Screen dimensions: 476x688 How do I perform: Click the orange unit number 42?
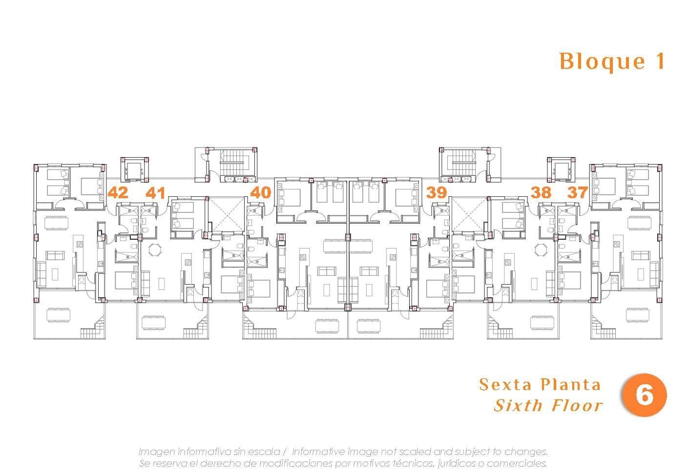[x=118, y=192]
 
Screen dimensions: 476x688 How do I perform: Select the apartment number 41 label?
[x=155, y=192]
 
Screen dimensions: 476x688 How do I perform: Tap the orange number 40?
[x=260, y=192]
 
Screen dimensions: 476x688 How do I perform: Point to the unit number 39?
[x=436, y=192]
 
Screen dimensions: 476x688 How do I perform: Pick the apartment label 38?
[x=541, y=192]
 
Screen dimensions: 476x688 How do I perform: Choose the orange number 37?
[x=578, y=192]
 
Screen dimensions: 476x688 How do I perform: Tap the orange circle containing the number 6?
[x=644, y=396]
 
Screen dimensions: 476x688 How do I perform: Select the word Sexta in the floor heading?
[x=503, y=385]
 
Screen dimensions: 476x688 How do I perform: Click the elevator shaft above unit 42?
[x=134, y=169]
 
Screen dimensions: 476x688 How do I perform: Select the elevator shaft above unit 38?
[x=561, y=169]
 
